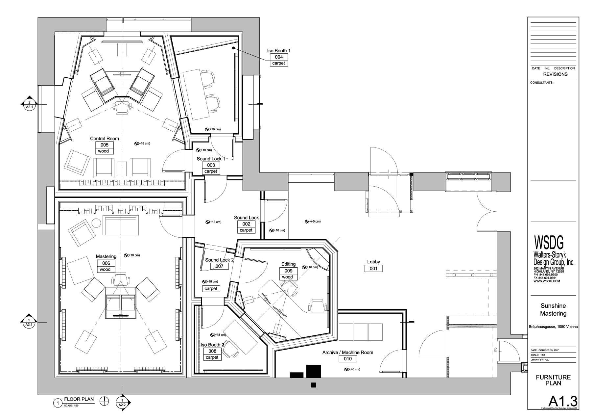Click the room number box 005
pyautogui.click(x=104, y=145)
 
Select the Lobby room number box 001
pyautogui.click(x=373, y=269)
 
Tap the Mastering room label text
pyautogui.click(x=106, y=256)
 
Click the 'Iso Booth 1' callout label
pyautogui.click(x=278, y=51)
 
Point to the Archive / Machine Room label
pyautogui.click(x=347, y=352)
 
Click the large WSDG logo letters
pyautogui.click(x=549, y=243)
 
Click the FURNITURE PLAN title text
pyautogui.click(x=553, y=380)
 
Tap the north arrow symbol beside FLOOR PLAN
pyautogui.click(x=105, y=401)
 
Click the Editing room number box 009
pyautogui.click(x=288, y=271)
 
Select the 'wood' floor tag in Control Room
pyautogui.click(x=103, y=151)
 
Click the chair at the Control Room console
pyautogui.click(x=122, y=107)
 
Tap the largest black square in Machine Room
pyautogui.click(x=314, y=371)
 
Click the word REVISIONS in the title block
pyautogui.click(x=555, y=74)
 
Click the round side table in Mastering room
pyautogui.click(x=96, y=223)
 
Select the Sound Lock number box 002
pyautogui.click(x=246, y=224)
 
